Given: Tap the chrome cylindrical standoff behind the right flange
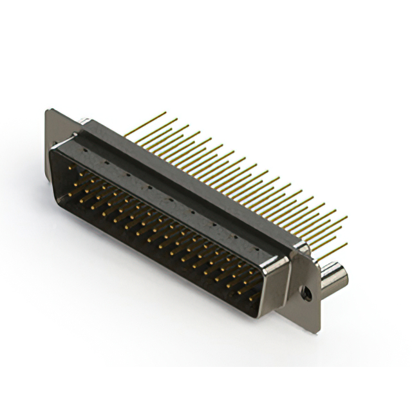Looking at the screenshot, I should pyautogui.click(x=334, y=275).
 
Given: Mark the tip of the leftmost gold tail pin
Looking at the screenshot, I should pyautogui.click(x=165, y=113).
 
